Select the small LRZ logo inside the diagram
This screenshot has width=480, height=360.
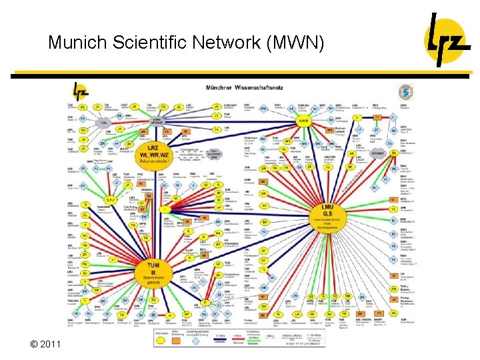point(81,90)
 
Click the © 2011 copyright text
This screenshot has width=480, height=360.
point(45,344)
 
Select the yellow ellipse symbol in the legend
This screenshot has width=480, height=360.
point(160,339)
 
